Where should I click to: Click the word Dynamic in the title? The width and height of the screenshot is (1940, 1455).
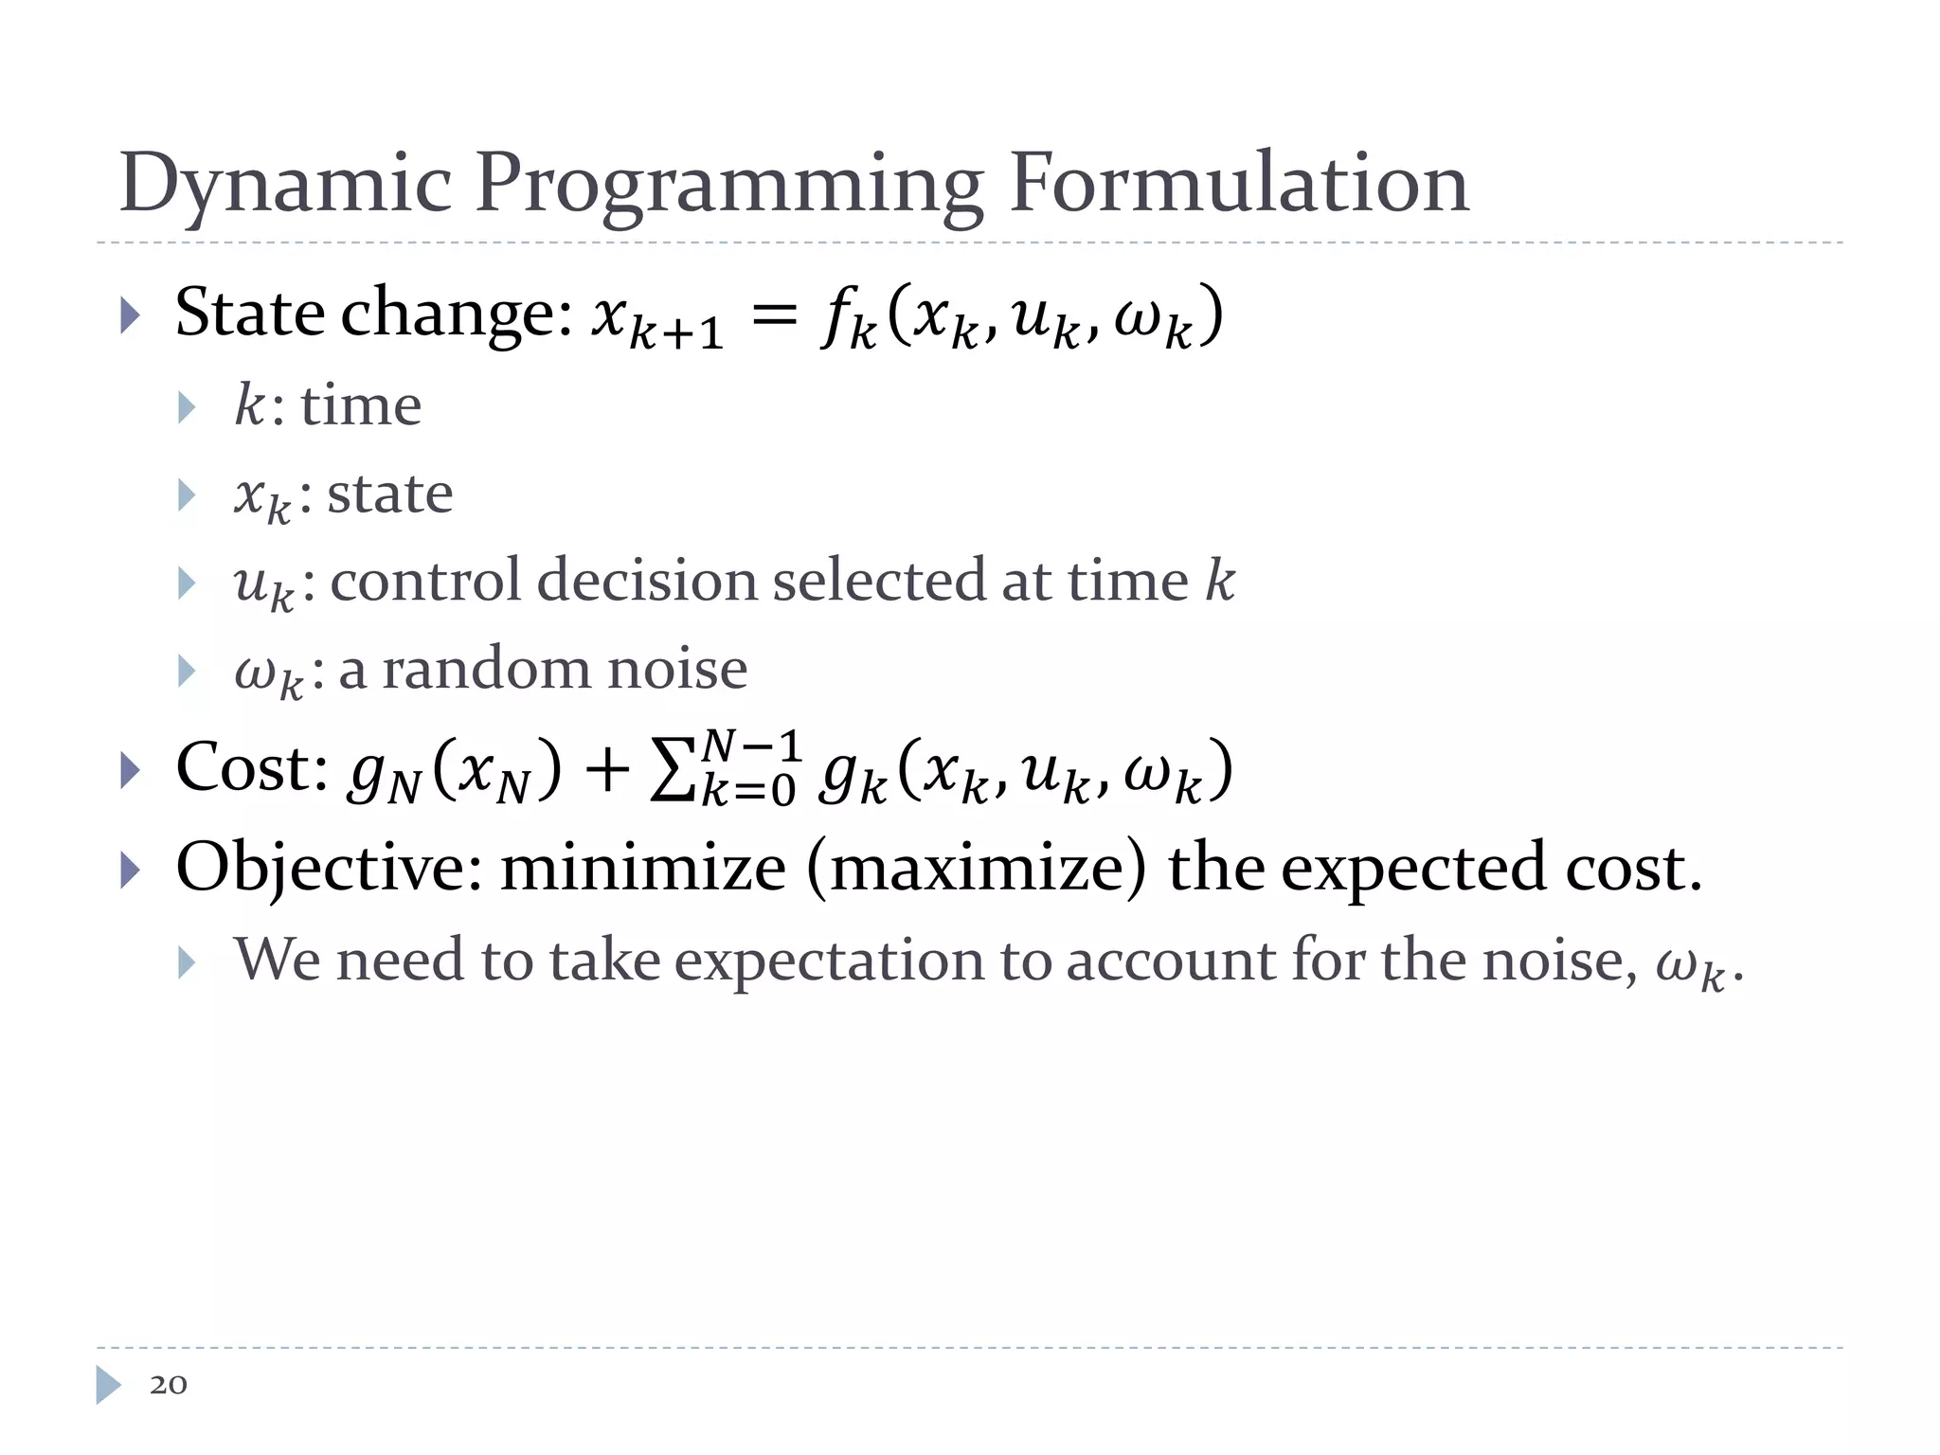pos(285,183)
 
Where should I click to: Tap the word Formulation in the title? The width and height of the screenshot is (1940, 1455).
pos(1239,183)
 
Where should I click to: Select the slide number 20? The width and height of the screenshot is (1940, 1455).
pos(169,1384)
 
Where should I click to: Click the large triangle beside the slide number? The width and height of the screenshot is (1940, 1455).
pos(109,1384)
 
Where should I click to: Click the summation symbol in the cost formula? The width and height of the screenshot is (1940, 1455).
pos(674,769)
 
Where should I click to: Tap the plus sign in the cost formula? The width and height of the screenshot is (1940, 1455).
pos(606,769)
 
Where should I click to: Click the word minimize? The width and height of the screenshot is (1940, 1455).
pos(643,868)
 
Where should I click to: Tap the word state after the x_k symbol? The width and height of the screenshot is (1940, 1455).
pos(389,494)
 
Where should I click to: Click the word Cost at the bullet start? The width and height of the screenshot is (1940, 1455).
pos(251,766)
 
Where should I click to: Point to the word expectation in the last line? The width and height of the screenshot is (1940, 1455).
pos(830,961)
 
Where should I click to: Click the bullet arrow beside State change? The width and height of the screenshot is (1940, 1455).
pos(131,315)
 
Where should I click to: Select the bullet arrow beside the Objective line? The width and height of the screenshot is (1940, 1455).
pos(131,870)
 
